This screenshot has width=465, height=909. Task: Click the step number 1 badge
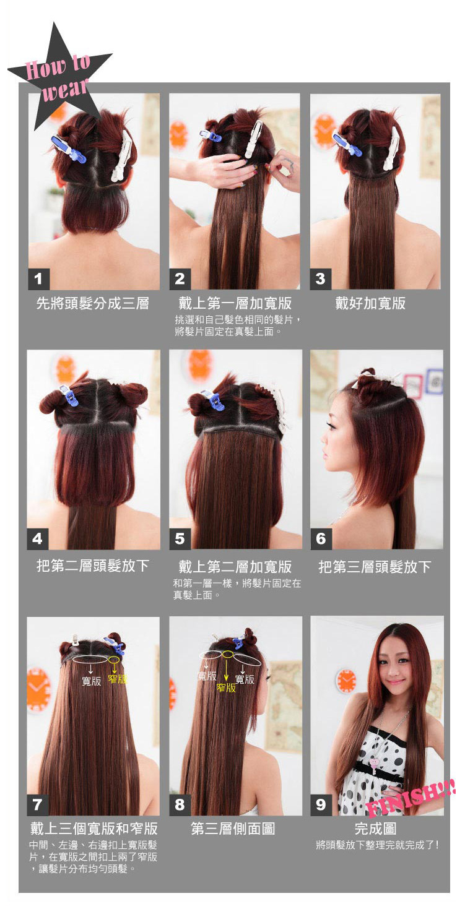[38, 279]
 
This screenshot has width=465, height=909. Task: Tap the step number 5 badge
[180, 538]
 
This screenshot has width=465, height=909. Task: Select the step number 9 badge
[321, 804]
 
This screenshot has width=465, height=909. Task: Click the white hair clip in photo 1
[121, 155]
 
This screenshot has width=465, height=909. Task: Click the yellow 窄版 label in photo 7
[117, 679]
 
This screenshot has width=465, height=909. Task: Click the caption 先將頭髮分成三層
[93, 304]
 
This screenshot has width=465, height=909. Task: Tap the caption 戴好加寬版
[370, 303]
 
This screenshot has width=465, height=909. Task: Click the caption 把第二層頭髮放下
[93, 566]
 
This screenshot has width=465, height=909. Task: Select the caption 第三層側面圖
[233, 829]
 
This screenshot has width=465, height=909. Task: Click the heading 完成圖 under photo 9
[375, 829]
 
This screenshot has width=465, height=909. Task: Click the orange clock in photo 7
[38, 689]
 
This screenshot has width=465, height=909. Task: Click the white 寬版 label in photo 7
[92, 681]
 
